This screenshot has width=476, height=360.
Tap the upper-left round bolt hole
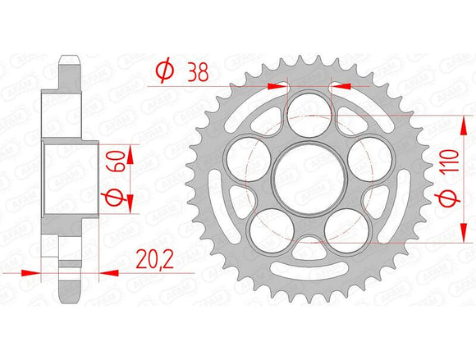[245, 155]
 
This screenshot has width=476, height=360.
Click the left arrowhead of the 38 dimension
[283, 83]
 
